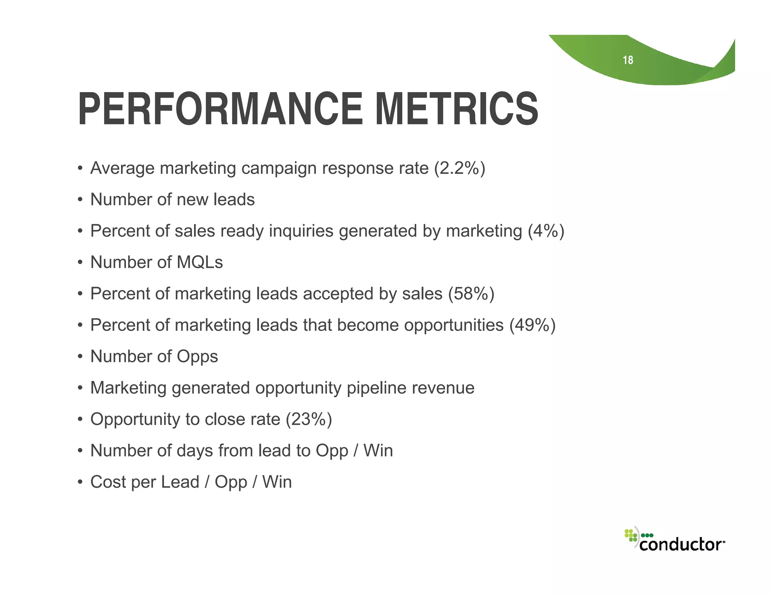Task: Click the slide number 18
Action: coord(628,60)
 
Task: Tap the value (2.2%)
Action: coord(459,168)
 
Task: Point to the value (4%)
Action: coord(546,231)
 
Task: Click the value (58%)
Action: coord(471,294)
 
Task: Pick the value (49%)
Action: coord(532,325)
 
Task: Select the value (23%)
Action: coord(309,419)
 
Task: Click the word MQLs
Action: coord(200,262)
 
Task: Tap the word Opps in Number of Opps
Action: coord(197,357)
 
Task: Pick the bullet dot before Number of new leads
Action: coord(80,200)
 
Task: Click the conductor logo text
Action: coord(681,544)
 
